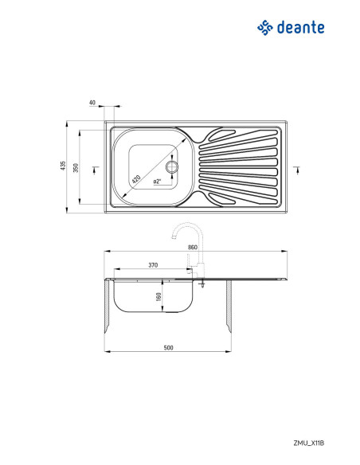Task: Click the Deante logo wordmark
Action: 301,28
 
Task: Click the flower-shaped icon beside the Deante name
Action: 264,28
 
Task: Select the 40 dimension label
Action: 92,103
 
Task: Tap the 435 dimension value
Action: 63,166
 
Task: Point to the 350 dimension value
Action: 76,168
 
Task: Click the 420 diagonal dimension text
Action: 136,179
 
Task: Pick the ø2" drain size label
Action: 157,182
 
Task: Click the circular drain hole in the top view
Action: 172,167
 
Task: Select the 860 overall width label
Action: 193,248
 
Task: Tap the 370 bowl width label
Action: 153,265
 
